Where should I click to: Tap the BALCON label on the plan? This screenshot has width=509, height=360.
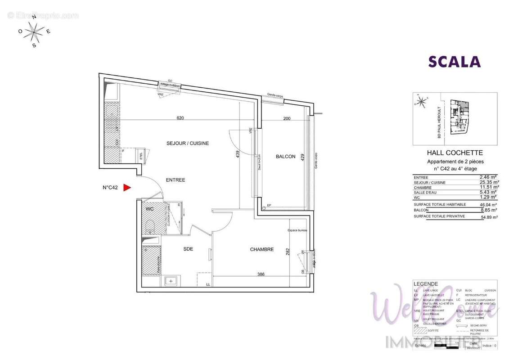pos(285,157)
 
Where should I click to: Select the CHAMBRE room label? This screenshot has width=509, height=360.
pos(262,249)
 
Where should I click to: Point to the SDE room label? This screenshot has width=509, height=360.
pos(188,249)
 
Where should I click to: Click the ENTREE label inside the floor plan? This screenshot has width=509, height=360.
pos(176,180)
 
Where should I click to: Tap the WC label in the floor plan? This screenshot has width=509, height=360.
pos(150,209)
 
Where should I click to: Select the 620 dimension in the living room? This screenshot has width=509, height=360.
pos(180,118)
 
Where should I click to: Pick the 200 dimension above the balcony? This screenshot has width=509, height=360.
pos(287,118)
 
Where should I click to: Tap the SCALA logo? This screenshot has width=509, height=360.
pos(454,62)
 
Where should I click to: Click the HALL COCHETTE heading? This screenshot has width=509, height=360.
pos(454,153)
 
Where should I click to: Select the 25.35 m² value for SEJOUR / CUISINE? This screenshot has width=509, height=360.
pos(489,182)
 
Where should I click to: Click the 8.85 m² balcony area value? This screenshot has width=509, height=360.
pos(490,210)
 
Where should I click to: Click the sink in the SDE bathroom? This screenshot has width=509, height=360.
pos(171,281)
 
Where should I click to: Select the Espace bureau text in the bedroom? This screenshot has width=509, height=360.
pos(297,231)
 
